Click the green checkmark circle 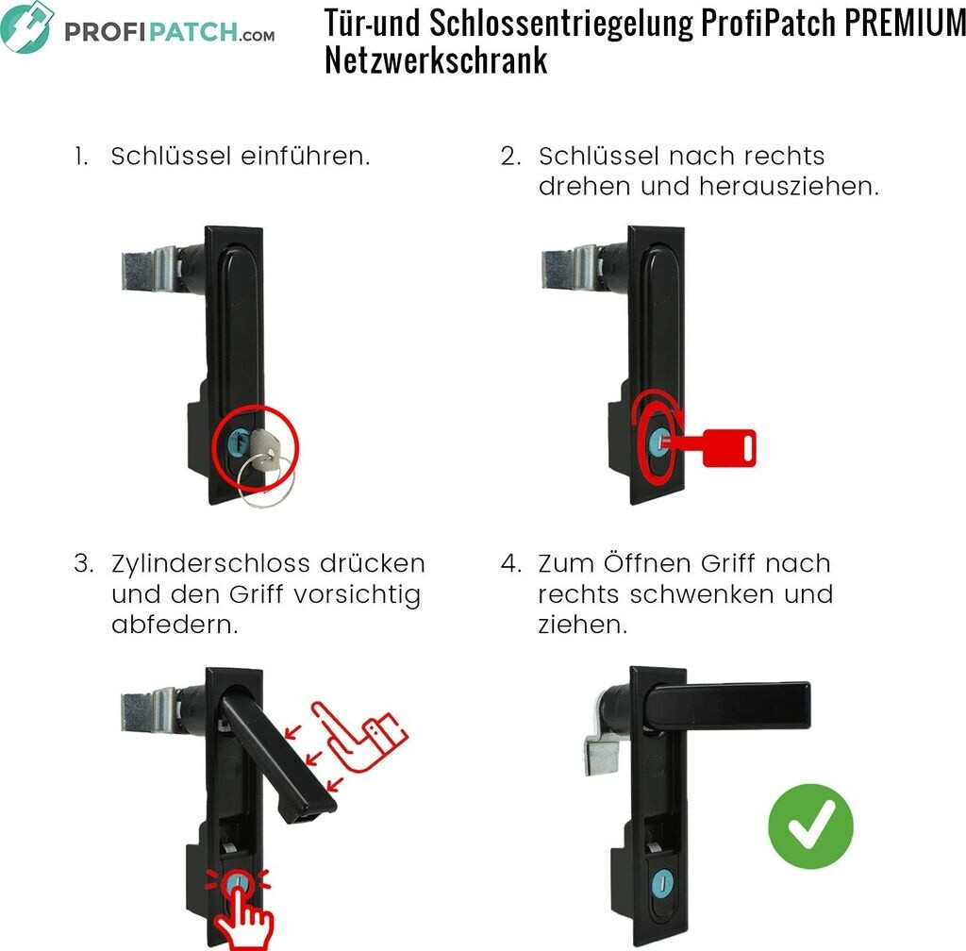pos(810,826)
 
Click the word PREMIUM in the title pos(905,23)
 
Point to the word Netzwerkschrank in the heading pos(436,60)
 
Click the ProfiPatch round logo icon pos(26,27)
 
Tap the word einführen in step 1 pos(305,156)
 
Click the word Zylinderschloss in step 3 pos(207,564)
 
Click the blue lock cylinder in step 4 pos(662,883)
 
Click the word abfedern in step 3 pos(175,625)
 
